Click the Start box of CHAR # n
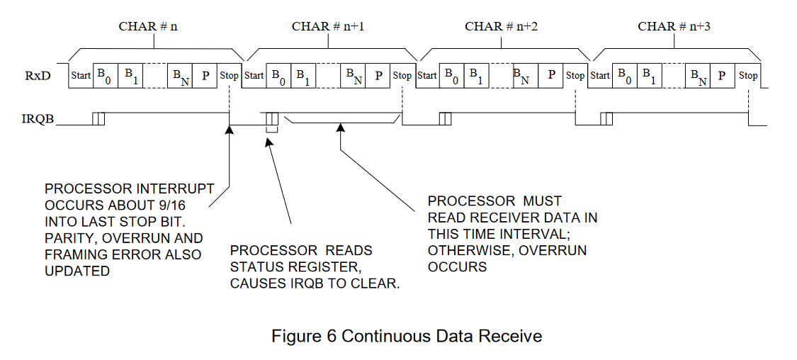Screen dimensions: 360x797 [x=81, y=75]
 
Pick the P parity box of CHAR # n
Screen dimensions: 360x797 [x=205, y=75]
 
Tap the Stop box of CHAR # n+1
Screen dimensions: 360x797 [x=402, y=75]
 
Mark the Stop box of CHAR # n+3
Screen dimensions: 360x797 [x=748, y=75]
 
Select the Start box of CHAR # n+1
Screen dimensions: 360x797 [x=254, y=75]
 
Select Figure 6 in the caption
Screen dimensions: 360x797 [x=305, y=335]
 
